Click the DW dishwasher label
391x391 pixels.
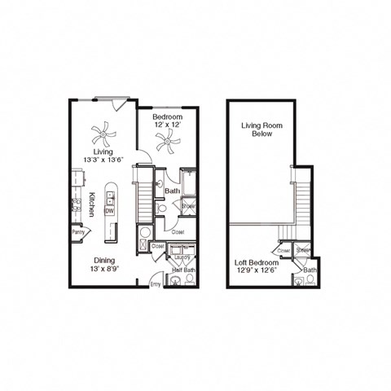click(x=110, y=210)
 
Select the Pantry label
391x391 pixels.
click(x=79, y=231)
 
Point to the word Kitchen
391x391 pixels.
click(x=92, y=204)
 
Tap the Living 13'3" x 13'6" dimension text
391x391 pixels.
click(x=103, y=156)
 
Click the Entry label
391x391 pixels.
click(x=156, y=283)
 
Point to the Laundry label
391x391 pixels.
click(x=182, y=257)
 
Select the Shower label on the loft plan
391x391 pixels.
click(x=303, y=250)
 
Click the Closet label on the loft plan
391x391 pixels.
click(x=284, y=250)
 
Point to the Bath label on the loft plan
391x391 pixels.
click(x=310, y=270)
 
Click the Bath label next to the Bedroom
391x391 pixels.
click(x=172, y=191)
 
